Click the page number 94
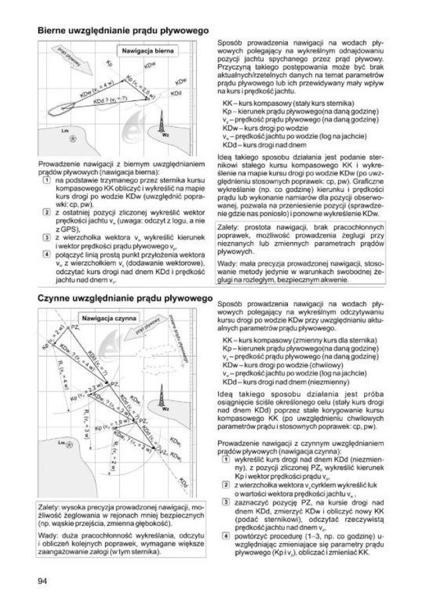pos(42,581)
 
